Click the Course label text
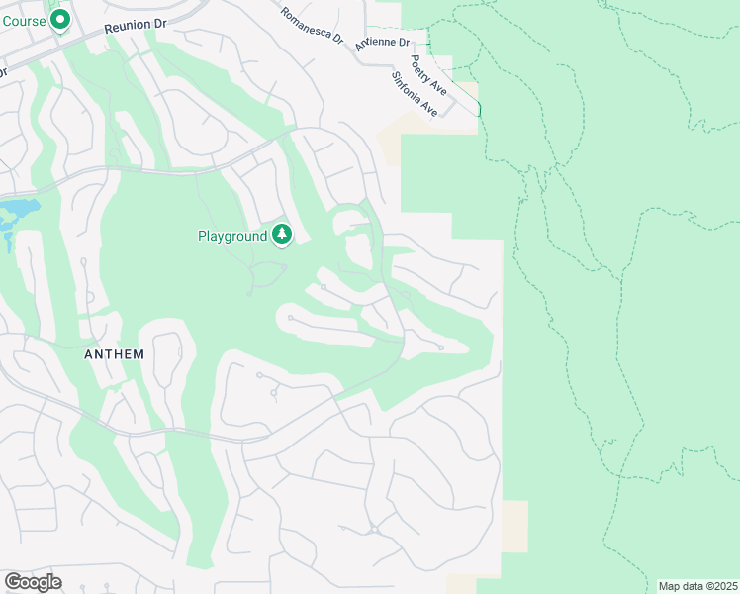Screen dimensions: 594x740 click(x=23, y=19)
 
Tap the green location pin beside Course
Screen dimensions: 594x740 click(x=60, y=19)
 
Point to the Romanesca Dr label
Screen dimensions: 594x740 click(x=311, y=27)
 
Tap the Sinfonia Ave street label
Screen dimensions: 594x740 click(x=414, y=94)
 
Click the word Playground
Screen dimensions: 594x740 click(x=232, y=236)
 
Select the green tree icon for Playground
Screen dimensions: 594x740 click(x=283, y=235)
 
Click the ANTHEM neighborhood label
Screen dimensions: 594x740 click(x=115, y=354)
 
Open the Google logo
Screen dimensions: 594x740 click(x=33, y=582)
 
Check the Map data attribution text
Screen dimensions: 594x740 click(x=697, y=586)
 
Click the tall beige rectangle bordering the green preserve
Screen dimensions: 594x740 click(x=514, y=526)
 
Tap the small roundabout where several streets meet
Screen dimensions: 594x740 click(x=374, y=530)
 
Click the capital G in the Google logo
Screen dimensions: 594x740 click(x=12, y=581)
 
